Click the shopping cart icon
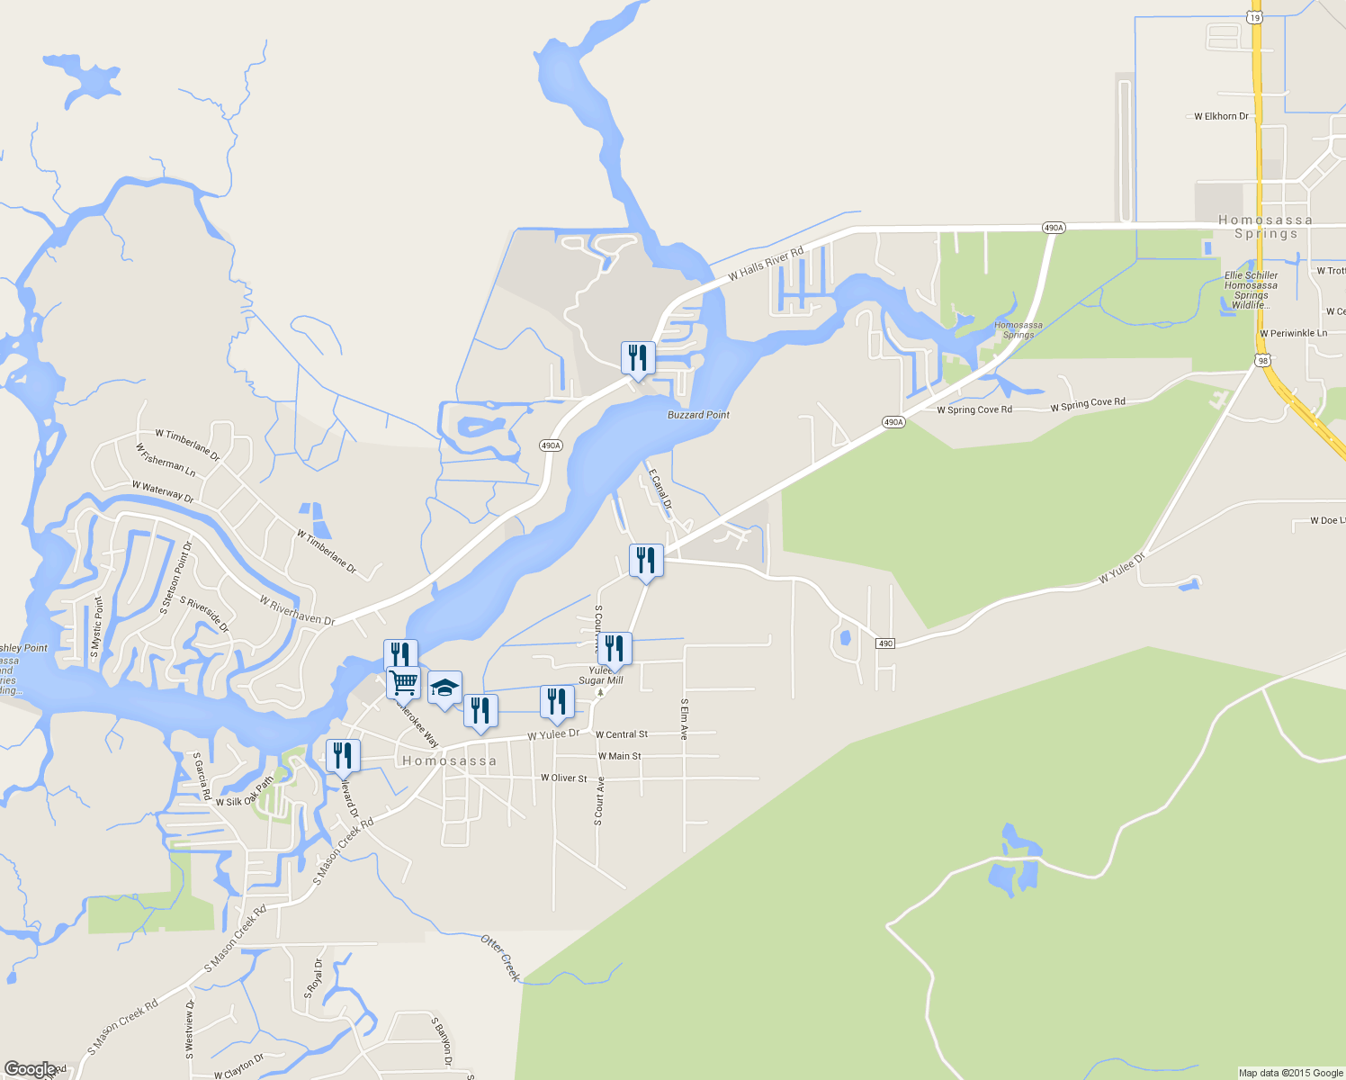click(403, 682)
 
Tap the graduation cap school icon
click(444, 688)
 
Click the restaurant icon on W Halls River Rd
click(638, 357)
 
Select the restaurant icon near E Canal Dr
click(646, 560)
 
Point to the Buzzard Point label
click(698, 415)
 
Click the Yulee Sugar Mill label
click(600, 676)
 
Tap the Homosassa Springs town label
click(1265, 227)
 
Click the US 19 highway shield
click(1255, 17)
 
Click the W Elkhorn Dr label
click(1221, 116)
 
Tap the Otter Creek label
click(501, 958)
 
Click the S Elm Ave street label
click(685, 719)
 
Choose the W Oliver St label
click(563, 778)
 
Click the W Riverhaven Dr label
click(297, 610)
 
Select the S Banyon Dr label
click(441, 1042)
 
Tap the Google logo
click(31, 1069)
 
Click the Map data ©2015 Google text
click(1290, 1073)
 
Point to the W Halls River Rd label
click(766, 264)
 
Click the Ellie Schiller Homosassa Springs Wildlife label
click(1251, 290)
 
